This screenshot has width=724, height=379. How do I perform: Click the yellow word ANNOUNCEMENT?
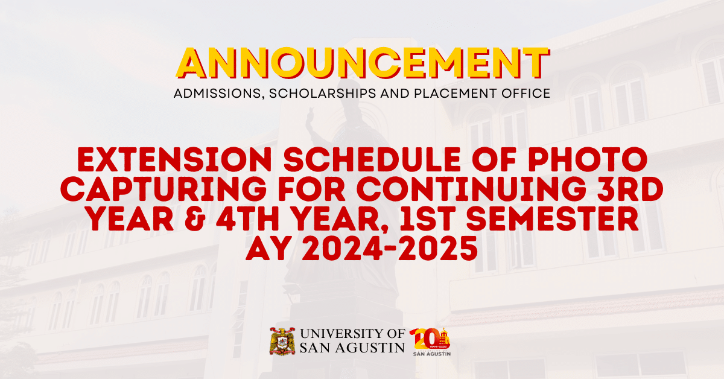[362, 63]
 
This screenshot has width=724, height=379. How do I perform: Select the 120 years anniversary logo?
[430, 342]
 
